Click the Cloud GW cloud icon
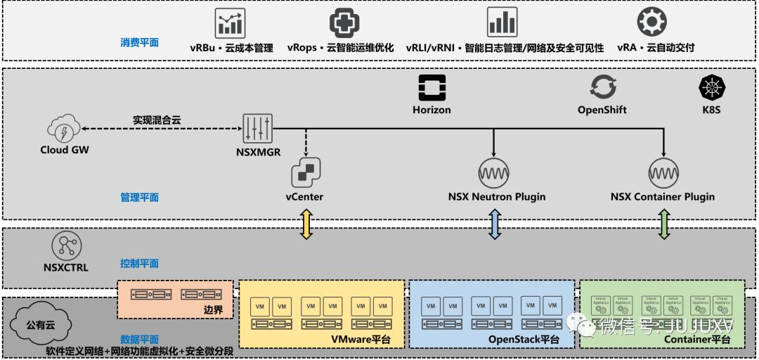[x=64, y=129]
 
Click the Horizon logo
[x=432, y=88]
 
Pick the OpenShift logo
[x=602, y=88]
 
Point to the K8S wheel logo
[x=712, y=88]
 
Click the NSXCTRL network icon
[x=67, y=245]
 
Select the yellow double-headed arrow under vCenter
[x=306, y=224]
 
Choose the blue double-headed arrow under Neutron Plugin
[x=495, y=224]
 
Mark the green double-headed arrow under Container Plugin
[x=663, y=224]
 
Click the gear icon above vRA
[x=651, y=22]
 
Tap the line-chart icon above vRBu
[x=231, y=22]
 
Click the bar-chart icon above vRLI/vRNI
[x=502, y=22]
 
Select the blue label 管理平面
[x=139, y=198]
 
